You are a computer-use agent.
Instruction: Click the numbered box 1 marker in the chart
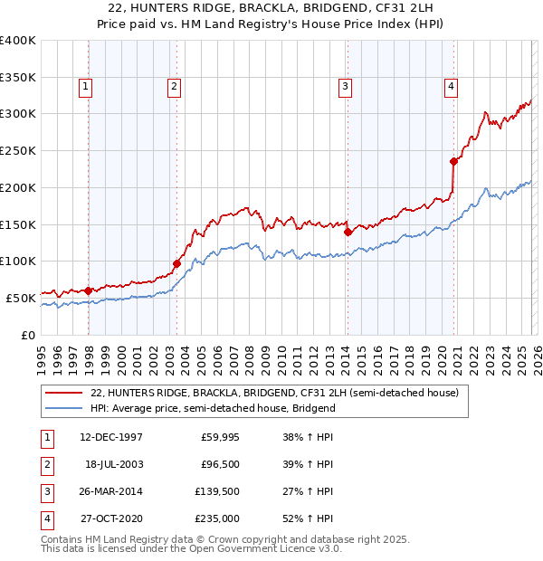tap(85, 87)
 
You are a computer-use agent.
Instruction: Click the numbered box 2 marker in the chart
tap(173, 87)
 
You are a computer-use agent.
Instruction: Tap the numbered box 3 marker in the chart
tap(345, 87)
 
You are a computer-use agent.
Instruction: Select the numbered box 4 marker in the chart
tap(450, 87)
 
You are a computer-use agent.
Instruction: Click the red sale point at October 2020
tap(453, 162)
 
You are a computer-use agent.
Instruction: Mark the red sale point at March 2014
tap(348, 232)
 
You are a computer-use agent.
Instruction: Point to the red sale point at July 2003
tap(176, 263)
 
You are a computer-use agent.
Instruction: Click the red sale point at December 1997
tap(88, 290)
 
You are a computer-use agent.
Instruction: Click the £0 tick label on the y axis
tap(28, 335)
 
